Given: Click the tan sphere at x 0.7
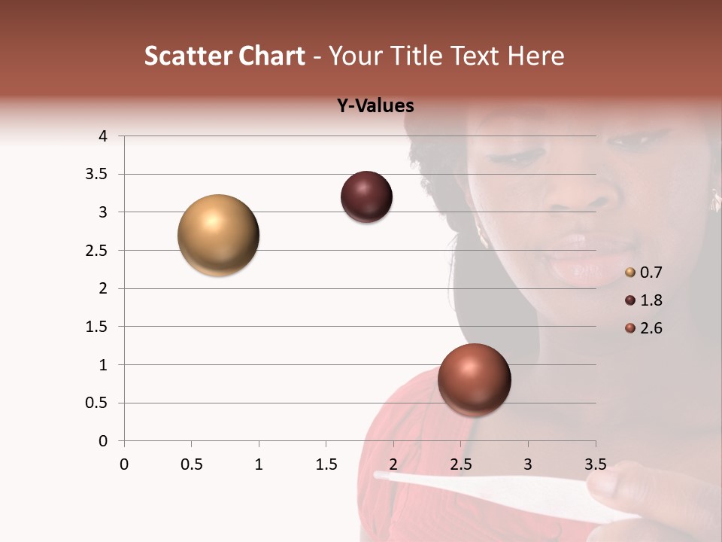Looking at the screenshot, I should pyautogui.click(x=219, y=235).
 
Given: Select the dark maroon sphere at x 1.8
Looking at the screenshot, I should pyautogui.click(x=366, y=197).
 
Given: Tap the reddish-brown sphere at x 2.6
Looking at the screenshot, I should pyautogui.click(x=474, y=379).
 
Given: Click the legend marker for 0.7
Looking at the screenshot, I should pyautogui.click(x=630, y=273).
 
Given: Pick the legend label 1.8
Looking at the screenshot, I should pyautogui.click(x=651, y=300).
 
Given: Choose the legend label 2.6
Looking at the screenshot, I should pyautogui.click(x=651, y=328).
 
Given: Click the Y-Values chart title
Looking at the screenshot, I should pyautogui.click(x=375, y=105).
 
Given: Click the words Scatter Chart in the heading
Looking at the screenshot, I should pyautogui.click(x=224, y=56).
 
